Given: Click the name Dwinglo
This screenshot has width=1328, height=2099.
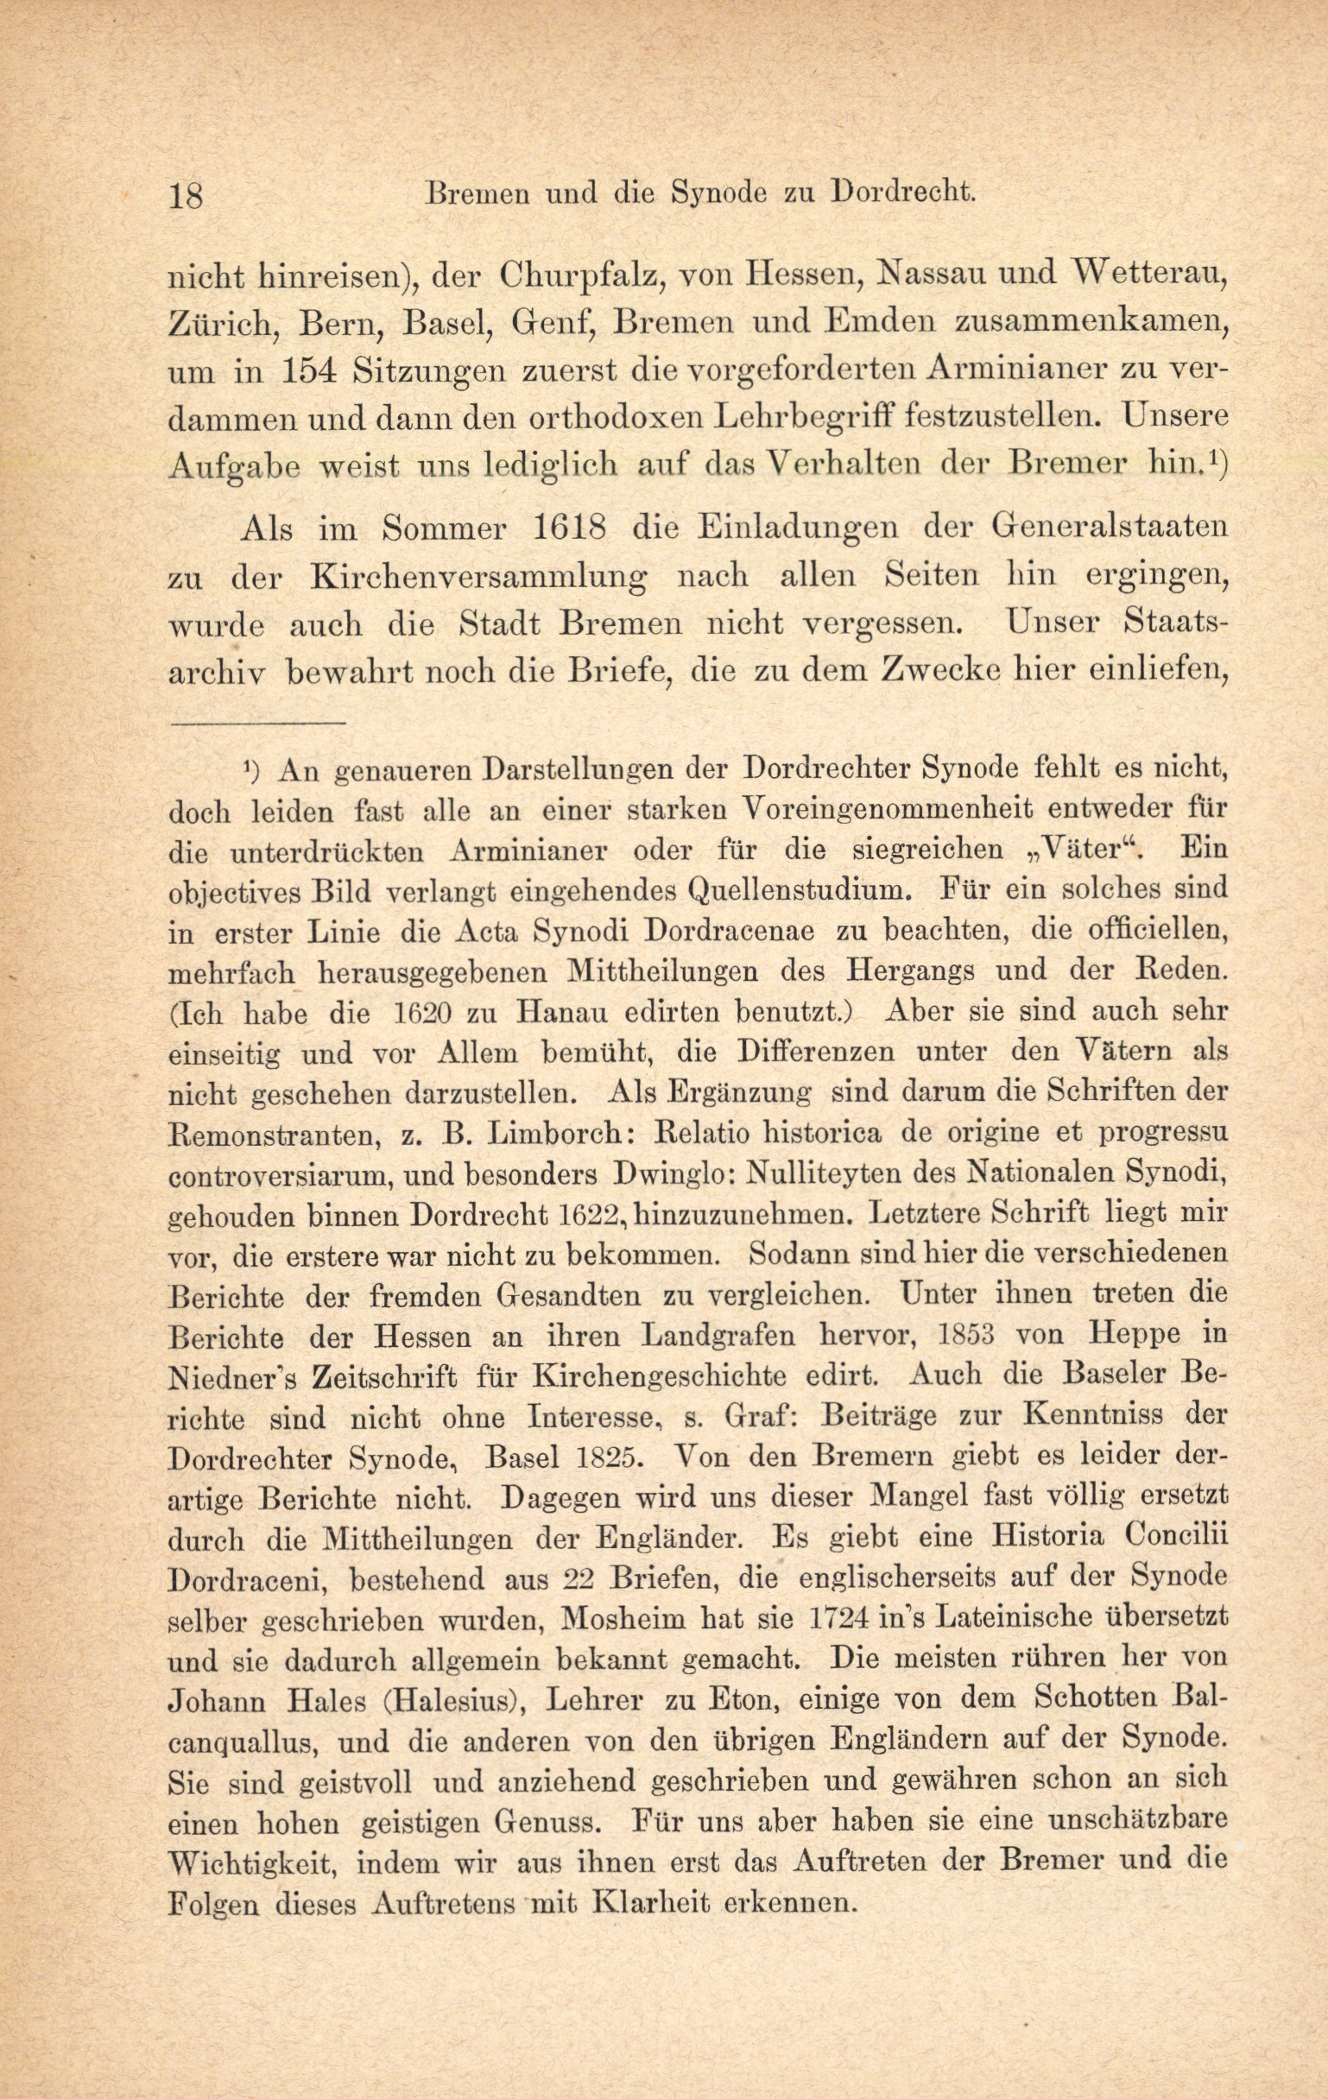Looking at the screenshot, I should tap(676, 1175).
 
